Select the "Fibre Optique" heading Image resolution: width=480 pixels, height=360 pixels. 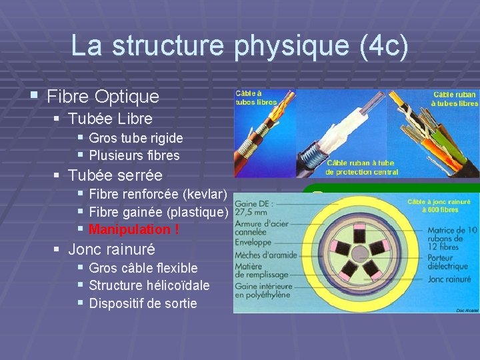[103, 96]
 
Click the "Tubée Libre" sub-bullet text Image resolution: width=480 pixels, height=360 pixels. [110, 119]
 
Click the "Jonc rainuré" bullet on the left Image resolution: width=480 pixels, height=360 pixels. [111, 249]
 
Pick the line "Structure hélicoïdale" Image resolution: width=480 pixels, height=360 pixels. [149, 285]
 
